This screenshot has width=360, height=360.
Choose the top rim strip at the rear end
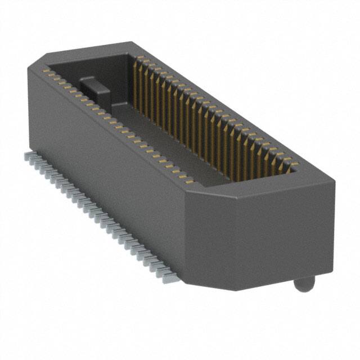90,49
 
